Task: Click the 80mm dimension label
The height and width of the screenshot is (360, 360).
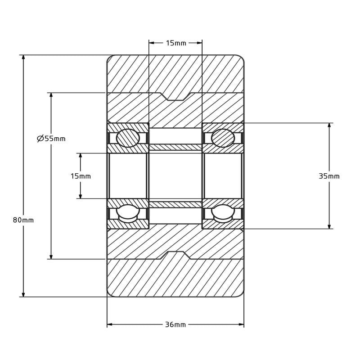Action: tap(23, 220)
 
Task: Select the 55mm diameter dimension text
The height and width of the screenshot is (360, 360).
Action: tap(51, 139)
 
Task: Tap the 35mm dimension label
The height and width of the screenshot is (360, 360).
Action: tap(329, 176)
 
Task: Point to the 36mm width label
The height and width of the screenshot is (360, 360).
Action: tap(175, 324)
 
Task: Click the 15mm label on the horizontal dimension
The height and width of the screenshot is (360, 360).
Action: tap(176, 43)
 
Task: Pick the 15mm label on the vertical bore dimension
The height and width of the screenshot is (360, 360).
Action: tap(81, 176)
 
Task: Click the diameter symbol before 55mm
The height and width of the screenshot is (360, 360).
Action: tap(40, 139)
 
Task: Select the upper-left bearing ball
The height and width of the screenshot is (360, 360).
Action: tap(128, 138)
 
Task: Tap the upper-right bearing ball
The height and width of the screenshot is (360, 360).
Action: tap(223, 138)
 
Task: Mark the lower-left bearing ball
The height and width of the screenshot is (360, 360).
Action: tap(128, 214)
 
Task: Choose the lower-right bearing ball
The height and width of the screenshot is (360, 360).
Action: tap(223, 214)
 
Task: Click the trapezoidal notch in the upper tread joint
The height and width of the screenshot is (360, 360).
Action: tap(175, 96)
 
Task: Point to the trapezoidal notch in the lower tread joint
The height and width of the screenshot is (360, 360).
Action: tap(175, 255)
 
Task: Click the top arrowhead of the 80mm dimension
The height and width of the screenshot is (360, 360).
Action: tap(23, 58)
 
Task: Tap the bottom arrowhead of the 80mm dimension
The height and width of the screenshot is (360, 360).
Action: tap(23, 294)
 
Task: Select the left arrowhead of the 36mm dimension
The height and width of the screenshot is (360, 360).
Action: tap(110, 324)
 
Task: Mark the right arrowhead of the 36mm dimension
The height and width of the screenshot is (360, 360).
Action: tap(241, 324)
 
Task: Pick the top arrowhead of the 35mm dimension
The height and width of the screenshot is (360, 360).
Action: tap(329, 126)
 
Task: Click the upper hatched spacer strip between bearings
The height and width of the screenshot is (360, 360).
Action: tap(175, 147)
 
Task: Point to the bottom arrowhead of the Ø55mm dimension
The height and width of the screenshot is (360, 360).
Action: tap(51, 256)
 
